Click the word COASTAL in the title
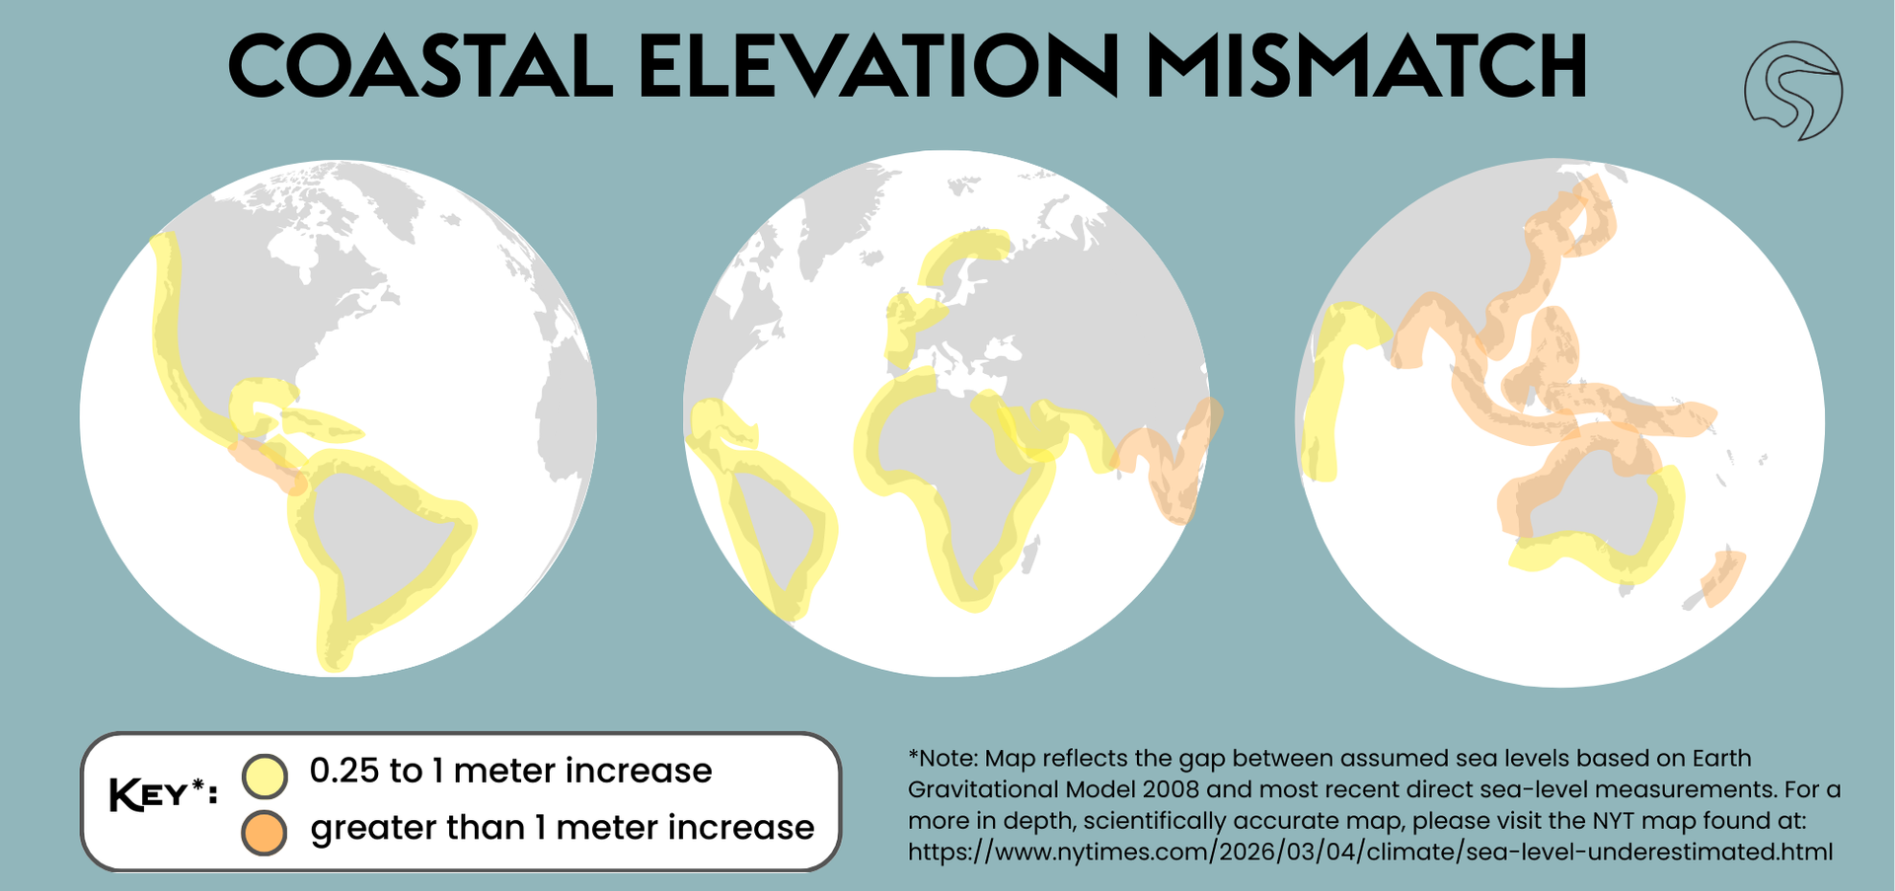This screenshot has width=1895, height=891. click(x=420, y=66)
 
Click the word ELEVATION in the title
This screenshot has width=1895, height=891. click(x=878, y=66)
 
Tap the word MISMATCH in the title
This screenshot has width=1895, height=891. click(x=1366, y=66)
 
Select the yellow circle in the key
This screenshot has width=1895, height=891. click(x=265, y=776)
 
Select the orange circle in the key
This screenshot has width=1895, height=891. click(x=265, y=833)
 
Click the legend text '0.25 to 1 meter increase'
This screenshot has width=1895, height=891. click(x=510, y=771)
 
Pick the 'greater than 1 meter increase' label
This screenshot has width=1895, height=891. click(x=563, y=828)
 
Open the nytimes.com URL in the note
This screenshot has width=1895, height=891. click(x=1370, y=852)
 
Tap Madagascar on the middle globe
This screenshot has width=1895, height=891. click(x=1030, y=555)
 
